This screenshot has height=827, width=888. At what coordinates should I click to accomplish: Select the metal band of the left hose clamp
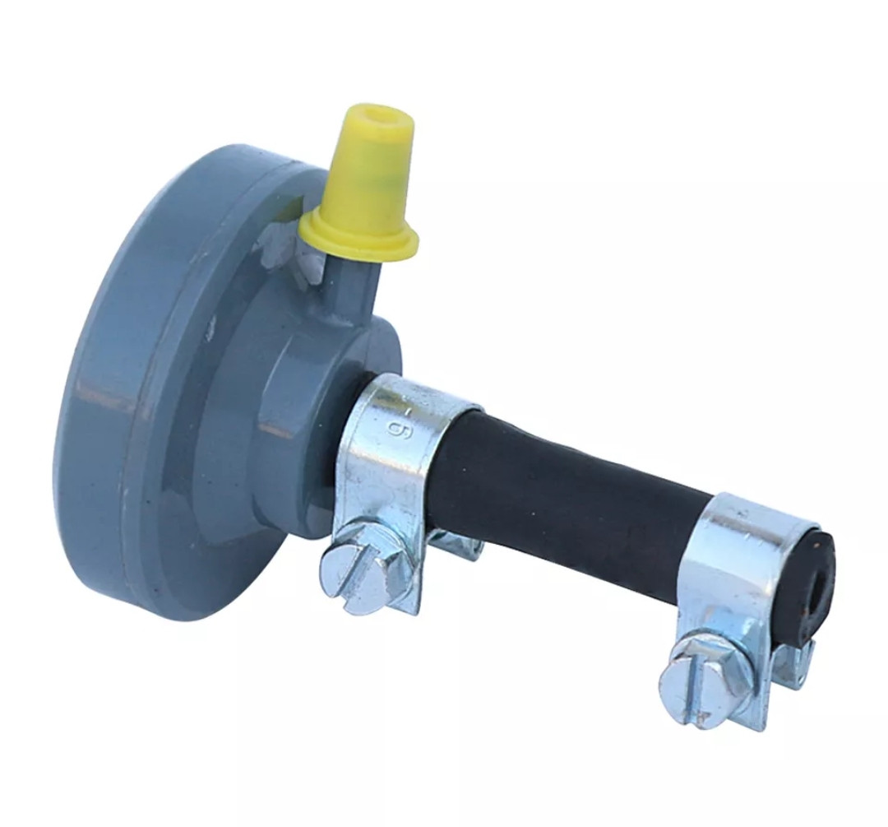click(x=396, y=453)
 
